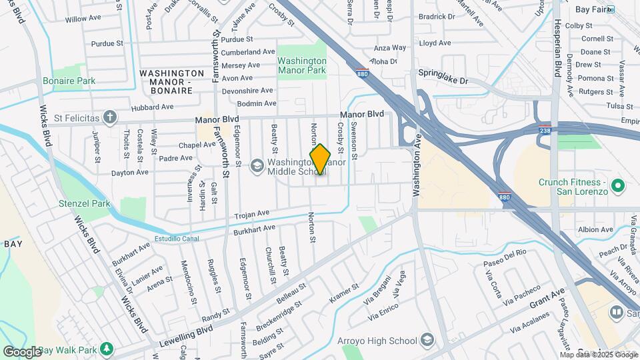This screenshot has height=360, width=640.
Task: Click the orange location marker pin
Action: click(x=320, y=159)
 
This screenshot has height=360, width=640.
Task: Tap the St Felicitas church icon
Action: click(x=111, y=118)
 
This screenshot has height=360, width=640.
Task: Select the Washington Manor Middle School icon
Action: click(x=257, y=165)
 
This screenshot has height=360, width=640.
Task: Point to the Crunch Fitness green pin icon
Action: click(x=617, y=185)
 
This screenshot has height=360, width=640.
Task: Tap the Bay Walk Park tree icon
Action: click(x=106, y=349)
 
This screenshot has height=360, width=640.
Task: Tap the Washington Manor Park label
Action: click(x=302, y=65)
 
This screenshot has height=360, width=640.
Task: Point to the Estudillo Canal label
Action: click(x=177, y=238)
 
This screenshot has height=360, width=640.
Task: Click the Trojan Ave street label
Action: click(x=252, y=214)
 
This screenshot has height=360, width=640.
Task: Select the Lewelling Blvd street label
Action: click(x=186, y=337)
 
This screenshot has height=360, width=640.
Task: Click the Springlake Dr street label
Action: click(x=443, y=76)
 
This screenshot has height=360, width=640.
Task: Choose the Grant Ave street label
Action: click(x=547, y=298)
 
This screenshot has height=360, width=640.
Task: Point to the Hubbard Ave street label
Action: click(x=153, y=106)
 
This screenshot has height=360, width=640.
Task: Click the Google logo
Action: click(x=23, y=351)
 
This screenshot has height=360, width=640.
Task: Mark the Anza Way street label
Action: click(x=390, y=48)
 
